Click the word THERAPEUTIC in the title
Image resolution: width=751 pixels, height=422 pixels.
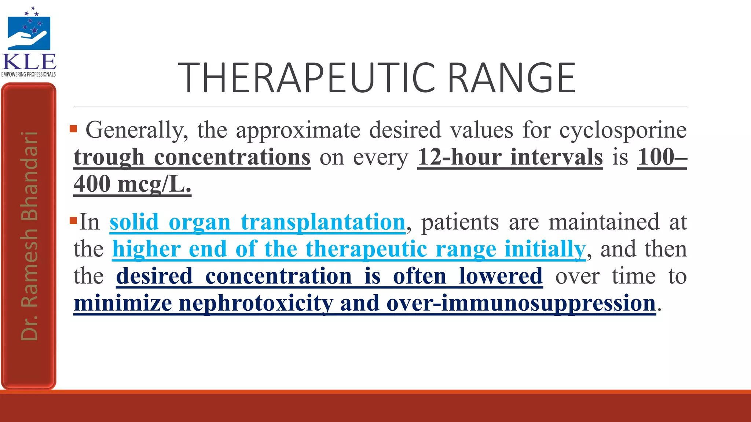click(306, 78)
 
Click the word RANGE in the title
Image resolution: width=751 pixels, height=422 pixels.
click(512, 78)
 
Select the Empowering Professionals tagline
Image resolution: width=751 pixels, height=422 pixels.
click(29, 74)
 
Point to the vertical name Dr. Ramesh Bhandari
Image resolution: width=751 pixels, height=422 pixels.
click(29, 236)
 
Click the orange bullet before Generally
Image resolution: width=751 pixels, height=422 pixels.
click(73, 129)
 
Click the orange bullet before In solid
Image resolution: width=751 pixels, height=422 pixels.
click(73, 221)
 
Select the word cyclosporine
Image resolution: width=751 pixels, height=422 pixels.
click(623, 130)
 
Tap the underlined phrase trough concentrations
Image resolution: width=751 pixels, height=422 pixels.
click(192, 158)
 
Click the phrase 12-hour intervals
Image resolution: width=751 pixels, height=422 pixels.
click(510, 158)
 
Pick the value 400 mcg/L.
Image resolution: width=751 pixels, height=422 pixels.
click(132, 184)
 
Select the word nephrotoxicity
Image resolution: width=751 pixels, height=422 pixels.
click(256, 304)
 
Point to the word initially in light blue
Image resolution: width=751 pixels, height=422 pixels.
click(545, 249)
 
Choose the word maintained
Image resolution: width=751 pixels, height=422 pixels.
click(604, 222)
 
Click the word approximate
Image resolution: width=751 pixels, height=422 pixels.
click(298, 130)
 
